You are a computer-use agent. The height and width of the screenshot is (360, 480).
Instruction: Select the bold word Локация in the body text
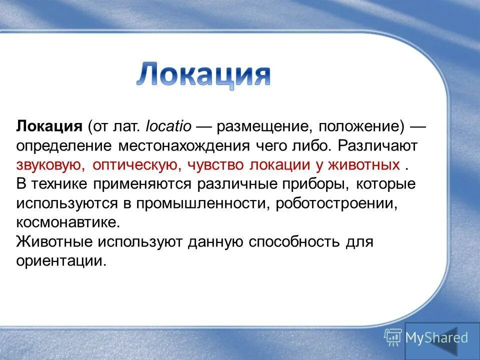49,125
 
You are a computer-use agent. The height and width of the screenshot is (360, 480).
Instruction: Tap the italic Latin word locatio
168,125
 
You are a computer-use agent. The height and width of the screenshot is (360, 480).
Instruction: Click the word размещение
259,126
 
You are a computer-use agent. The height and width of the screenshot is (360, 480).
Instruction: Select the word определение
64,145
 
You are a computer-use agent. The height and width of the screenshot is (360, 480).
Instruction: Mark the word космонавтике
68,222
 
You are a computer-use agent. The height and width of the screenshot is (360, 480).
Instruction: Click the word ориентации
60,261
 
